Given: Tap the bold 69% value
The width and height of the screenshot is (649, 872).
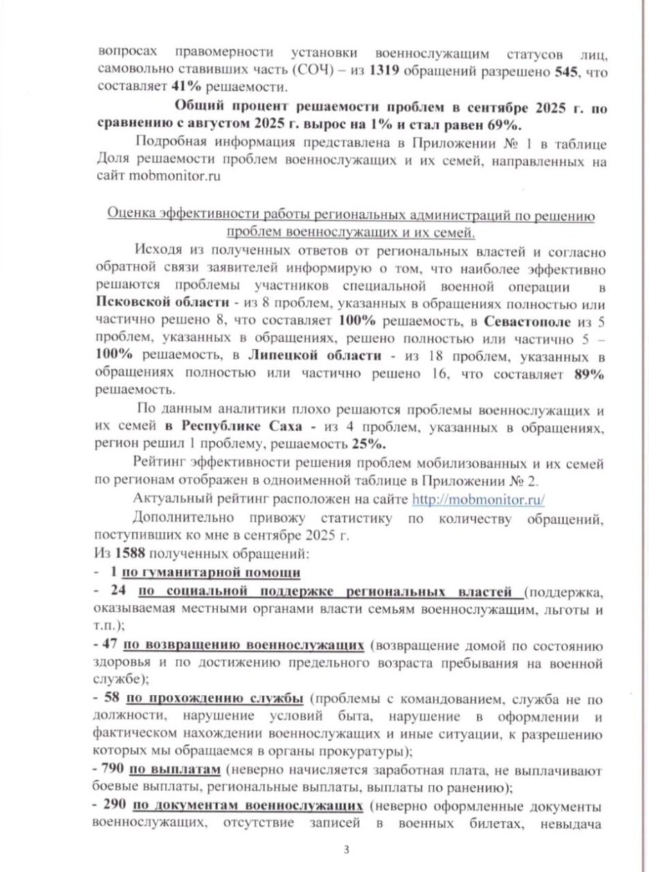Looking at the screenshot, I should pos(510,125).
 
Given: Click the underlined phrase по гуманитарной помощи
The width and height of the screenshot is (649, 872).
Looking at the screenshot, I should pos(211,572).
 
